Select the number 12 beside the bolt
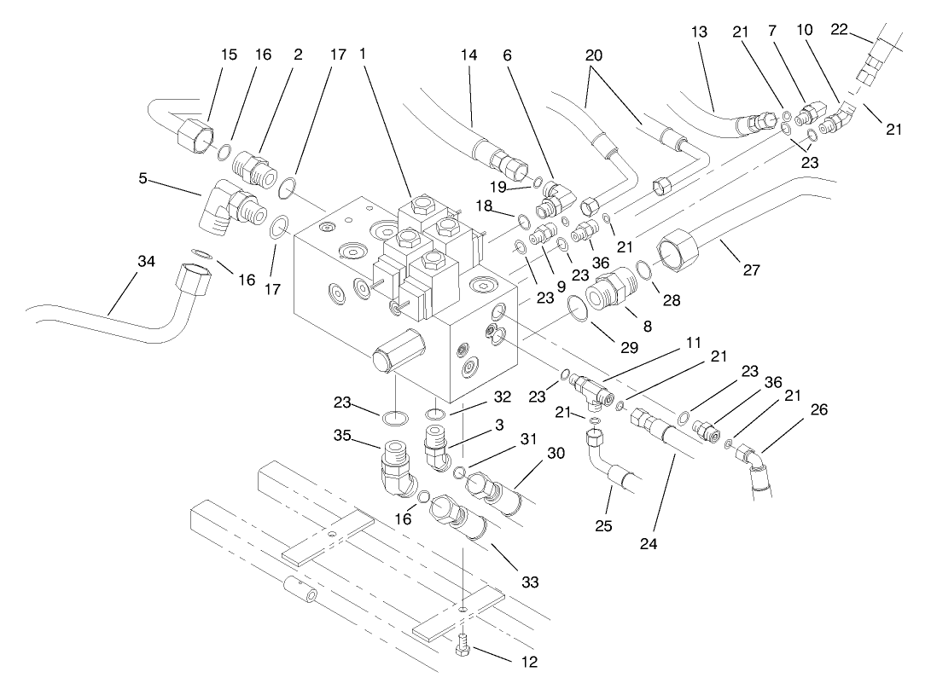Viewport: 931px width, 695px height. (529, 660)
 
